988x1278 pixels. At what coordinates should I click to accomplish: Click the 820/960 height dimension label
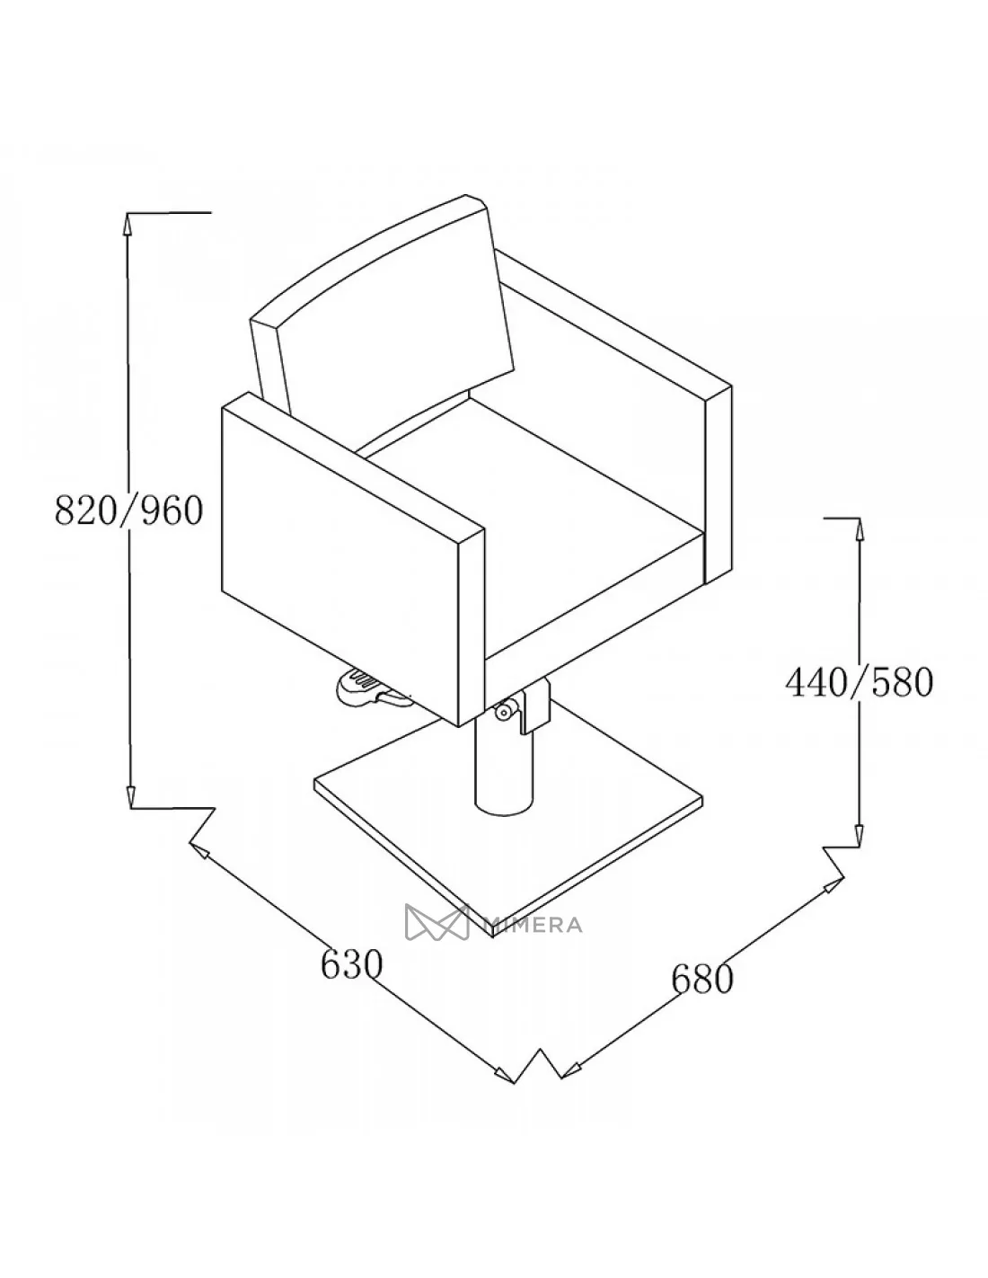[x=129, y=510]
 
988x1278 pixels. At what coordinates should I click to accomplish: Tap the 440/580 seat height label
[x=860, y=683]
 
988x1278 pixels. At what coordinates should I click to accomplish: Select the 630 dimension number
[x=352, y=965]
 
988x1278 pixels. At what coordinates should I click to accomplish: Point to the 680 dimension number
[x=702, y=979]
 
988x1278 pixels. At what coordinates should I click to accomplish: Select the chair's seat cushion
[x=539, y=503]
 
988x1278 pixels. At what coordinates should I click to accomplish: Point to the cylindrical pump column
[x=503, y=764]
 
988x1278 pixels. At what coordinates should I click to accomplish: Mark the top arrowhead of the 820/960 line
[x=129, y=222]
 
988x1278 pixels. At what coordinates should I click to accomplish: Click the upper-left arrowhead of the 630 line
[x=199, y=849]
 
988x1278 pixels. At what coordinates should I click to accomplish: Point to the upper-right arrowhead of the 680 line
[x=828, y=888]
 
